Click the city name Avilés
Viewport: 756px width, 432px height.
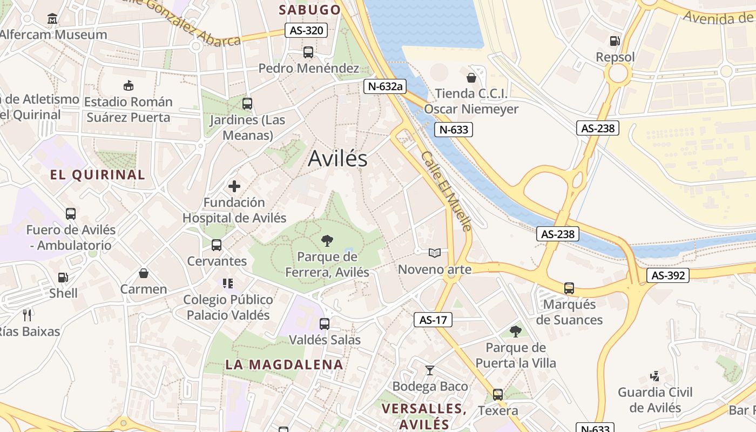pyautogui.click(x=337, y=158)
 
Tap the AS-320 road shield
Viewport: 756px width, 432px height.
pyautogui.click(x=306, y=30)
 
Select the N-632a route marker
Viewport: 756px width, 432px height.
pyautogui.click(x=384, y=86)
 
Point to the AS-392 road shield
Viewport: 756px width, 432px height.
pyautogui.click(x=668, y=275)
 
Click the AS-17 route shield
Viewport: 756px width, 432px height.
pyautogui.click(x=433, y=320)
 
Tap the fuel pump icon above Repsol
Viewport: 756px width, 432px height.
pyautogui.click(x=615, y=40)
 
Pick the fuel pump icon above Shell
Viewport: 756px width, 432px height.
pyautogui.click(x=63, y=278)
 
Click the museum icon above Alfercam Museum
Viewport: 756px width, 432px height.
pyautogui.click(x=52, y=19)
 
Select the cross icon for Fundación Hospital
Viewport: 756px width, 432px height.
pyautogui.click(x=234, y=186)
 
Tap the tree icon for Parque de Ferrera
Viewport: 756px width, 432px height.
pyautogui.click(x=327, y=241)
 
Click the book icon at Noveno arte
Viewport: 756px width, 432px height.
pyautogui.click(x=434, y=253)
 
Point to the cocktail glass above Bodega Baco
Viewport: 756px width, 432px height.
pyautogui.click(x=430, y=370)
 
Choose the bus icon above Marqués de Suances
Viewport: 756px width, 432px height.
pyautogui.click(x=569, y=288)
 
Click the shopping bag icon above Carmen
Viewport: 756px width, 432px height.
pyautogui.click(x=144, y=273)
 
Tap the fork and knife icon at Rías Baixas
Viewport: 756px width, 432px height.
pyautogui.click(x=28, y=315)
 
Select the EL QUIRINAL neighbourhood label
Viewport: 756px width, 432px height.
pyautogui.click(x=98, y=174)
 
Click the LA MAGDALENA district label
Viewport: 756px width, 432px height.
pyautogui.click(x=284, y=364)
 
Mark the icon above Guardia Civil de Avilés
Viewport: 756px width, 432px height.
pyautogui.click(x=654, y=376)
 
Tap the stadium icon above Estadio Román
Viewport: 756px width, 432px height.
pyautogui.click(x=129, y=85)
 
